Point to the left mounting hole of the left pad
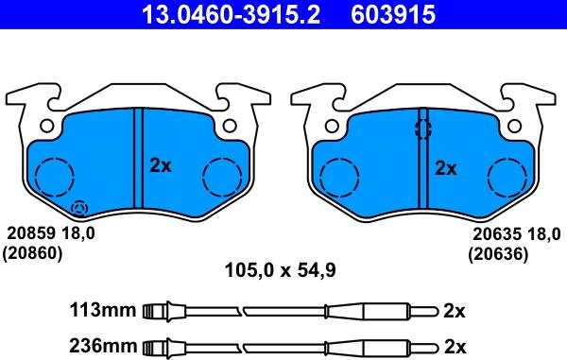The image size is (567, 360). point(45,125)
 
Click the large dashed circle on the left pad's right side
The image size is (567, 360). point(223,175)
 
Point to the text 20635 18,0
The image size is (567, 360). point(515,234)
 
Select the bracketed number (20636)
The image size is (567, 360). point(499,253)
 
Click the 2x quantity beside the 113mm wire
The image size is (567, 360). point(455,310)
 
